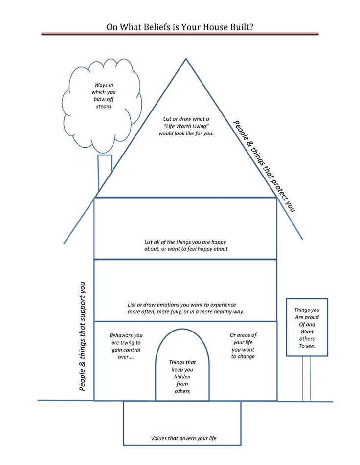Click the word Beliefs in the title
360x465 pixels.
coord(155,27)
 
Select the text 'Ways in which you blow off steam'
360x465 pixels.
coord(104,95)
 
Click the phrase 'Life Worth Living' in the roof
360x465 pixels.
coord(186,126)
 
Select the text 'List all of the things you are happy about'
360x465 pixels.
coord(185,245)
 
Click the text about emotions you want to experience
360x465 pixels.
coord(185,308)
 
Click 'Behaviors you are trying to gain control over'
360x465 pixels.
coord(126,346)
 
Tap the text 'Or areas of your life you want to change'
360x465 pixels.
coord(243,346)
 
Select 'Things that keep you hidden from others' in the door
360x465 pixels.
coord(182,376)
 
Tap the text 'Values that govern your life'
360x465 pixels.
coord(183,438)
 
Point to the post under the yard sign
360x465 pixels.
coord(307,379)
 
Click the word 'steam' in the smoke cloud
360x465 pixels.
coord(104,106)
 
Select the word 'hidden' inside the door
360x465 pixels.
coord(182,376)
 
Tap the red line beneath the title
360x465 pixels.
coord(180,34)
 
